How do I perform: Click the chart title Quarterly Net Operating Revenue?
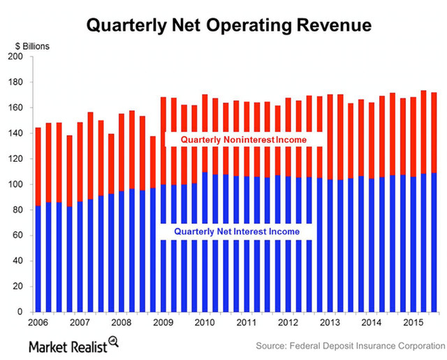(229, 26)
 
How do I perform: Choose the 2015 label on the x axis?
(413, 323)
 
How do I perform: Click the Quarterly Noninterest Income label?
(244, 140)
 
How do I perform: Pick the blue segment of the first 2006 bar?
(38, 259)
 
